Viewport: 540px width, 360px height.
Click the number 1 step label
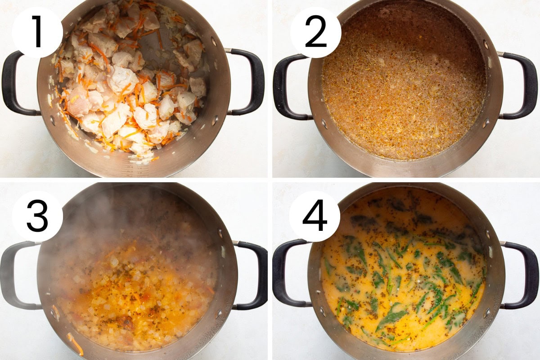tap(37, 32)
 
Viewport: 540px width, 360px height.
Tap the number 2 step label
tap(315, 32)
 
